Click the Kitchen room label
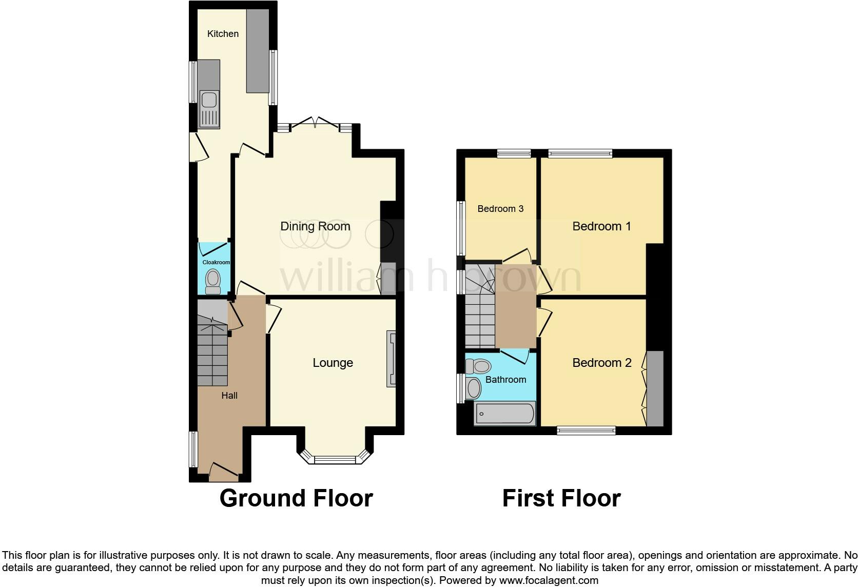223,34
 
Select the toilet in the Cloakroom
212,281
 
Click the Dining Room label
315,226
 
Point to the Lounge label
333,363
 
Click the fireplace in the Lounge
392,358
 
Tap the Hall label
229,395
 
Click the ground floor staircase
212,354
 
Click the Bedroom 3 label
500,209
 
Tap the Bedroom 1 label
601,226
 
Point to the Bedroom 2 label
601,363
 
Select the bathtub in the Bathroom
505,414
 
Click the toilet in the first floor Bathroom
478,366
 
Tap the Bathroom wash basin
473,388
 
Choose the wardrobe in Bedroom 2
655,388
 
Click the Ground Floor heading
296,498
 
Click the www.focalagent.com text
549,580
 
